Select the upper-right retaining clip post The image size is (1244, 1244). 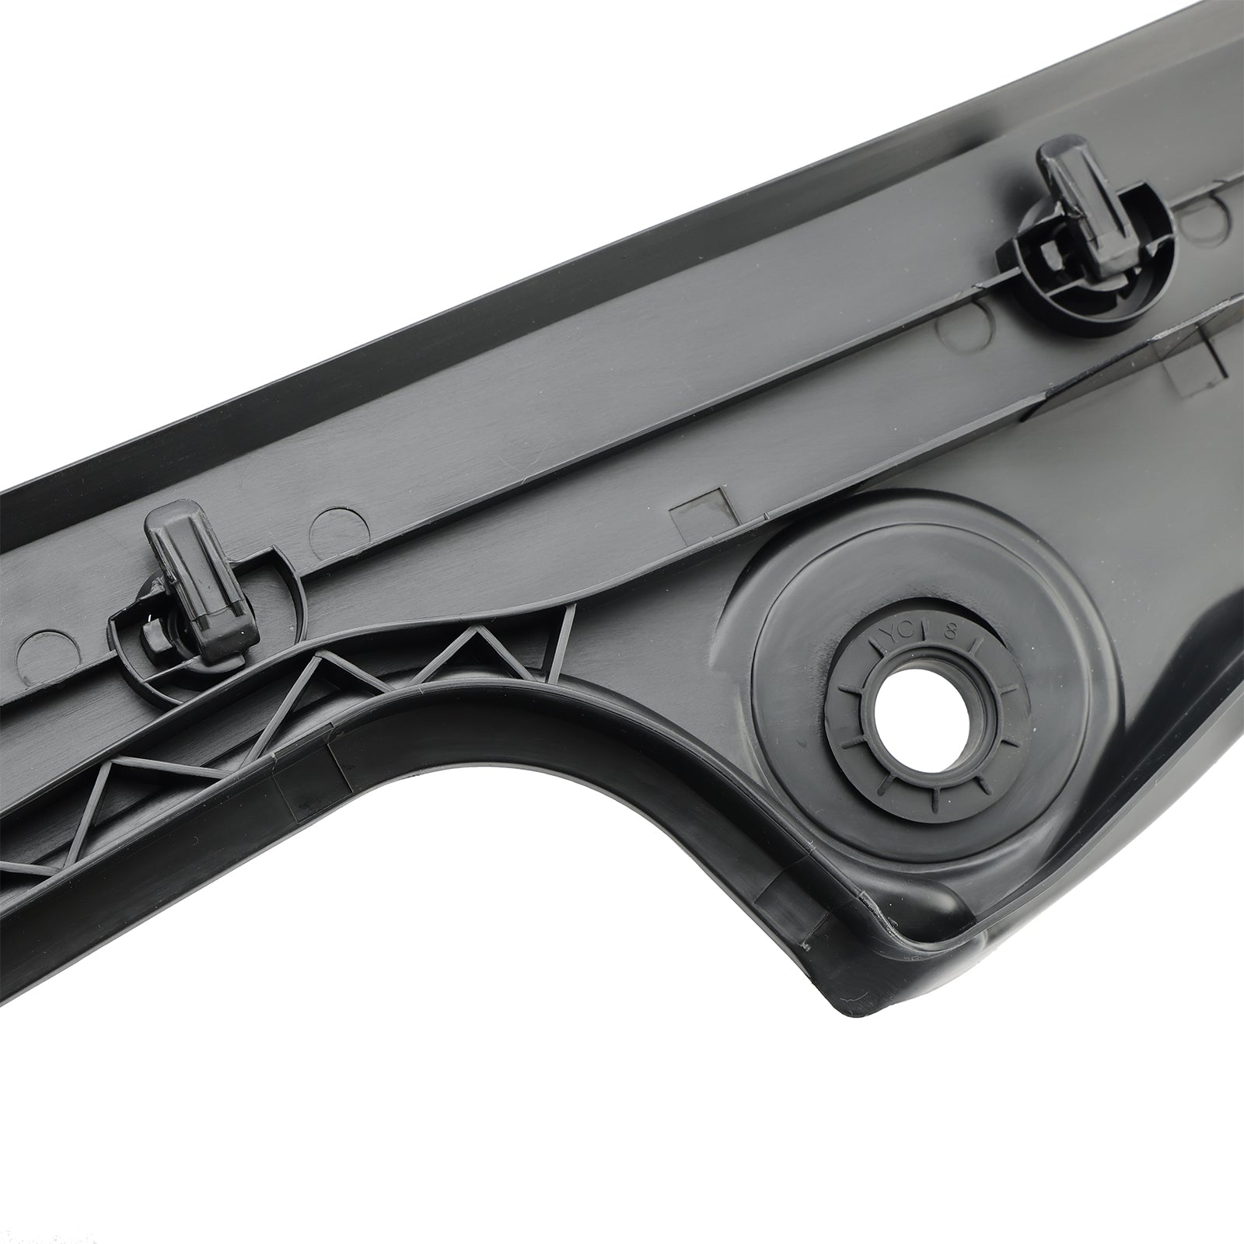(x=1082, y=187)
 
